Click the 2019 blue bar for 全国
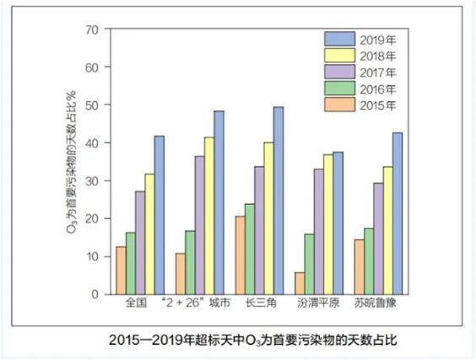pos(160,215)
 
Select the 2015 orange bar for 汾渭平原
pos(300,283)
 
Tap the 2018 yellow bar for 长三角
pos(268,218)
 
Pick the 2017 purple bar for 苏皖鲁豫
pos(378,239)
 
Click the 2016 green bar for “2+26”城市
pos(190,263)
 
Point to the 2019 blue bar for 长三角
pos(279,201)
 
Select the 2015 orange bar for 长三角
pos(241,255)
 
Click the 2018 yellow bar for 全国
pos(149,234)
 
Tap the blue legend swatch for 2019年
pos(339,39)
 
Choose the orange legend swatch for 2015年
pos(339,105)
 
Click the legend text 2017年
pos(378,73)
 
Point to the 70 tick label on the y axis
pos(92,30)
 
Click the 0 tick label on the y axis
pos(95,294)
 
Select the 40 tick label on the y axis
pos(92,142)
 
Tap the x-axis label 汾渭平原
pos(318,303)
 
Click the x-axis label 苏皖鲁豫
pos(376,303)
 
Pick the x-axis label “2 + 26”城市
pos(196,303)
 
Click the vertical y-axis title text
pos(71,162)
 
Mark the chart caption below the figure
pos(253,341)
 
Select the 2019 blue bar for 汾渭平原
pos(338,223)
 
